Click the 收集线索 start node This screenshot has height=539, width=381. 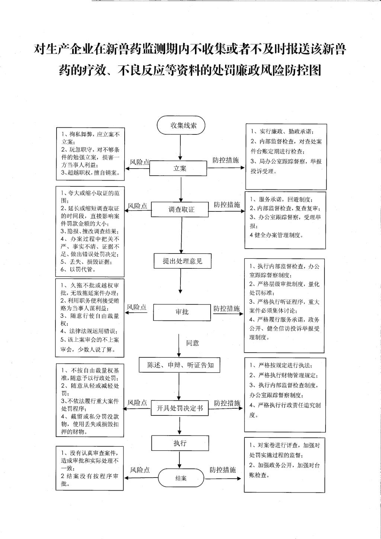180,125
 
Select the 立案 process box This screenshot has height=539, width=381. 178,168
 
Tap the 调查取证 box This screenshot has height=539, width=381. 180,210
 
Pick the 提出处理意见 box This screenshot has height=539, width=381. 183,261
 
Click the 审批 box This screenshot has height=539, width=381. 182,312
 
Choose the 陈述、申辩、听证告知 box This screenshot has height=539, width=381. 179,365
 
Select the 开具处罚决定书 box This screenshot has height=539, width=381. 180,408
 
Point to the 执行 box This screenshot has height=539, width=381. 180,443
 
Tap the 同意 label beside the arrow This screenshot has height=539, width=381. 192,343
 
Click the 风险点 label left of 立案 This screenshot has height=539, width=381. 140,162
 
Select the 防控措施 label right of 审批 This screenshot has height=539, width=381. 227,309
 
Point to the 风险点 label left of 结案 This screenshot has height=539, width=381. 140,470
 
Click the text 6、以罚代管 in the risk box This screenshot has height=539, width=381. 78,269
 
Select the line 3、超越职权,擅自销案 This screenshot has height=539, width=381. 90,173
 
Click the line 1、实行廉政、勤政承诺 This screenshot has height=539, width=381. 283,132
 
